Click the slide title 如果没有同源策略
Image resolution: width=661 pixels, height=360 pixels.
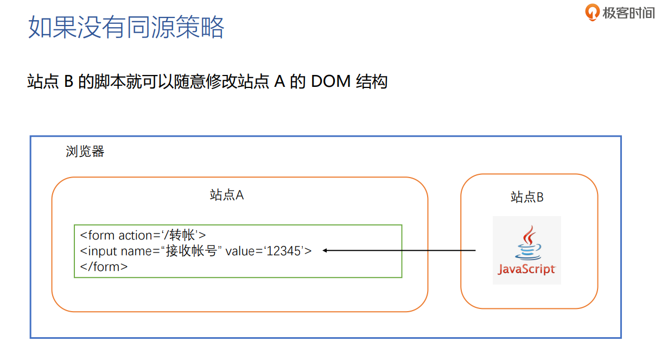(x=126, y=27)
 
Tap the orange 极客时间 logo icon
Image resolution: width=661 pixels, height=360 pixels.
(x=593, y=12)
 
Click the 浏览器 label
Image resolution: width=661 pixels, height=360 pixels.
(x=85, y=151)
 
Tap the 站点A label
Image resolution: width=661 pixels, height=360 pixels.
(x=227, y=195)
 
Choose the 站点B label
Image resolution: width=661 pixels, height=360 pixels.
(x=527, y=197)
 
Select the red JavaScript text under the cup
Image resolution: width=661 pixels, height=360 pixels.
(x=526, y=269)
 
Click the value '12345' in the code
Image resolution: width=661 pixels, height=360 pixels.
(x=284, y=251)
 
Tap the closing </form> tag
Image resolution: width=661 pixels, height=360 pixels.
(x=104, y=267)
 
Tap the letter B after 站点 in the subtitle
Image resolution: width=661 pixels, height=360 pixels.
(x=68, y=81)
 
